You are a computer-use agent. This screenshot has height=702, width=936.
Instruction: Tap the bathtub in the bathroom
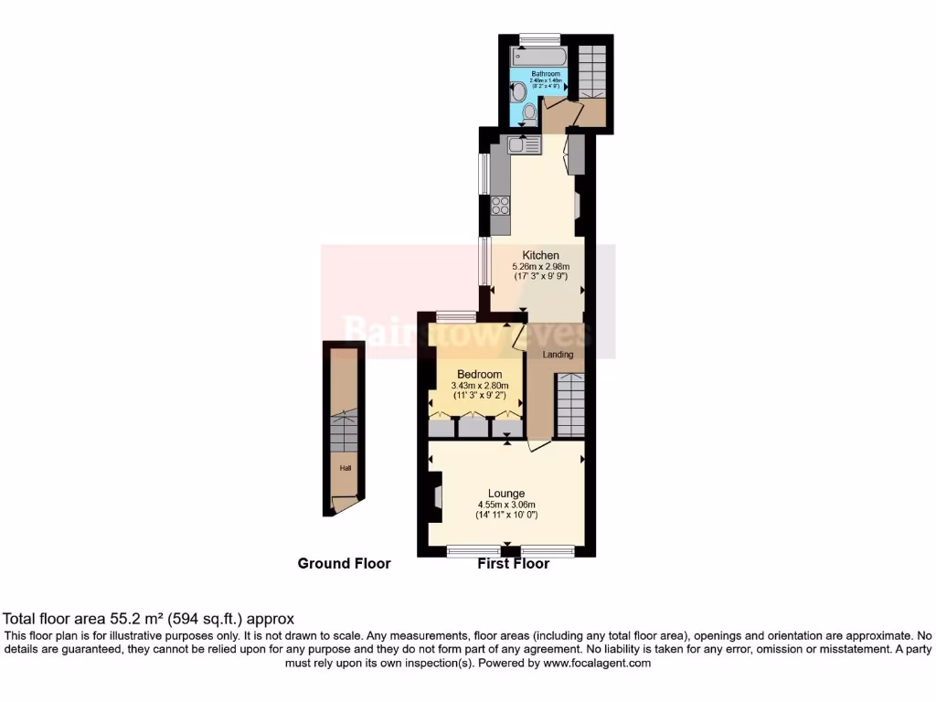pos(540,56)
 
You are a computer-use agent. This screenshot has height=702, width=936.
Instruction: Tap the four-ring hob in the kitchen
pos(501,205)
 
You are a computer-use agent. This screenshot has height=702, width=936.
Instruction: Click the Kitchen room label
pos(540,255)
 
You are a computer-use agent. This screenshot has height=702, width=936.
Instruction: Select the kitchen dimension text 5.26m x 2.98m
pos(540,267)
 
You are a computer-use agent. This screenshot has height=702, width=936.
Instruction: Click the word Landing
pos(558,355)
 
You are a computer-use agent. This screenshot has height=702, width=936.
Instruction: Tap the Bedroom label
pos(479,375)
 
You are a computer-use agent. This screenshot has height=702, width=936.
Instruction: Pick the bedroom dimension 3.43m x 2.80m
pos(479,387)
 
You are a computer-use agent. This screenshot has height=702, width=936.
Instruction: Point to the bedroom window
pos(456,317)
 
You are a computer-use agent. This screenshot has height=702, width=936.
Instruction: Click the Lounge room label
pos(506,494)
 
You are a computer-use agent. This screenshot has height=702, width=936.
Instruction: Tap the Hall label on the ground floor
pos(345,468)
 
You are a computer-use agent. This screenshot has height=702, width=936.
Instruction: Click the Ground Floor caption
pos(344,564)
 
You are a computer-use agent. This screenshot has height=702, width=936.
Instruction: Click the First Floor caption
pos(513,564)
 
